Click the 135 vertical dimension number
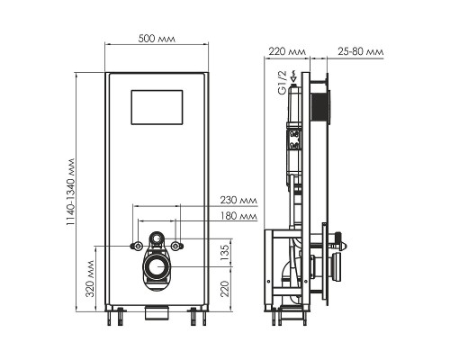coord(226,255)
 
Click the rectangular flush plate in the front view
coord(157,107)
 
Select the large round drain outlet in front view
coord(157,267)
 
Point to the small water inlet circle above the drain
coord(157,240)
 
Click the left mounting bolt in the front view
coord(135,245)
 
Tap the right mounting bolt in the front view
coord(178,245)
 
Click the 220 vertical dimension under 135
coord(226,289)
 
